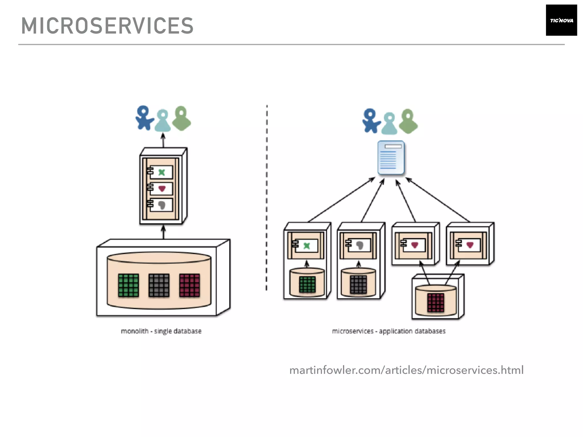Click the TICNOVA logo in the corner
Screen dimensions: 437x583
[x=561, y=20]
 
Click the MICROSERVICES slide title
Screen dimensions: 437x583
[x=107, y=26]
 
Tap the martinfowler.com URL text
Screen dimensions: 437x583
[x=406, y=370]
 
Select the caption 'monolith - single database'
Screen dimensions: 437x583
[x=161, y=331]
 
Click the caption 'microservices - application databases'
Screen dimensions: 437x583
[x=389, y=331]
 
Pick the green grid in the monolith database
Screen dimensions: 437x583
[x=128, y=285]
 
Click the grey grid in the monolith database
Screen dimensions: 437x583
[x=159, y=285]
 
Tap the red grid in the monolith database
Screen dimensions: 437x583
[x=190, y=285]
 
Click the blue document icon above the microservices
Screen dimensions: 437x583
[x=391, y=158]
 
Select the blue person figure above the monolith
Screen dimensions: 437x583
[x=144, y=118]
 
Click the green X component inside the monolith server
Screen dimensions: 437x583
[x=161, y=172]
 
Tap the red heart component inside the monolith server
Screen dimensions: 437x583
[x=161, y=189]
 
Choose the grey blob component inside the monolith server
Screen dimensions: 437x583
[x=161, y=205]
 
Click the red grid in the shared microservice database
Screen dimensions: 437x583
[x=436, y=303]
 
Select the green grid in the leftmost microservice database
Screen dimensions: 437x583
[x=307, y=285]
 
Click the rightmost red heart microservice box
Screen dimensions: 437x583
[x=470, y=245]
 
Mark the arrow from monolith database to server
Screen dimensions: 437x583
[x=163, y=232]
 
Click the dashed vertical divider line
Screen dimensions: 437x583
[x=267, y=199]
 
